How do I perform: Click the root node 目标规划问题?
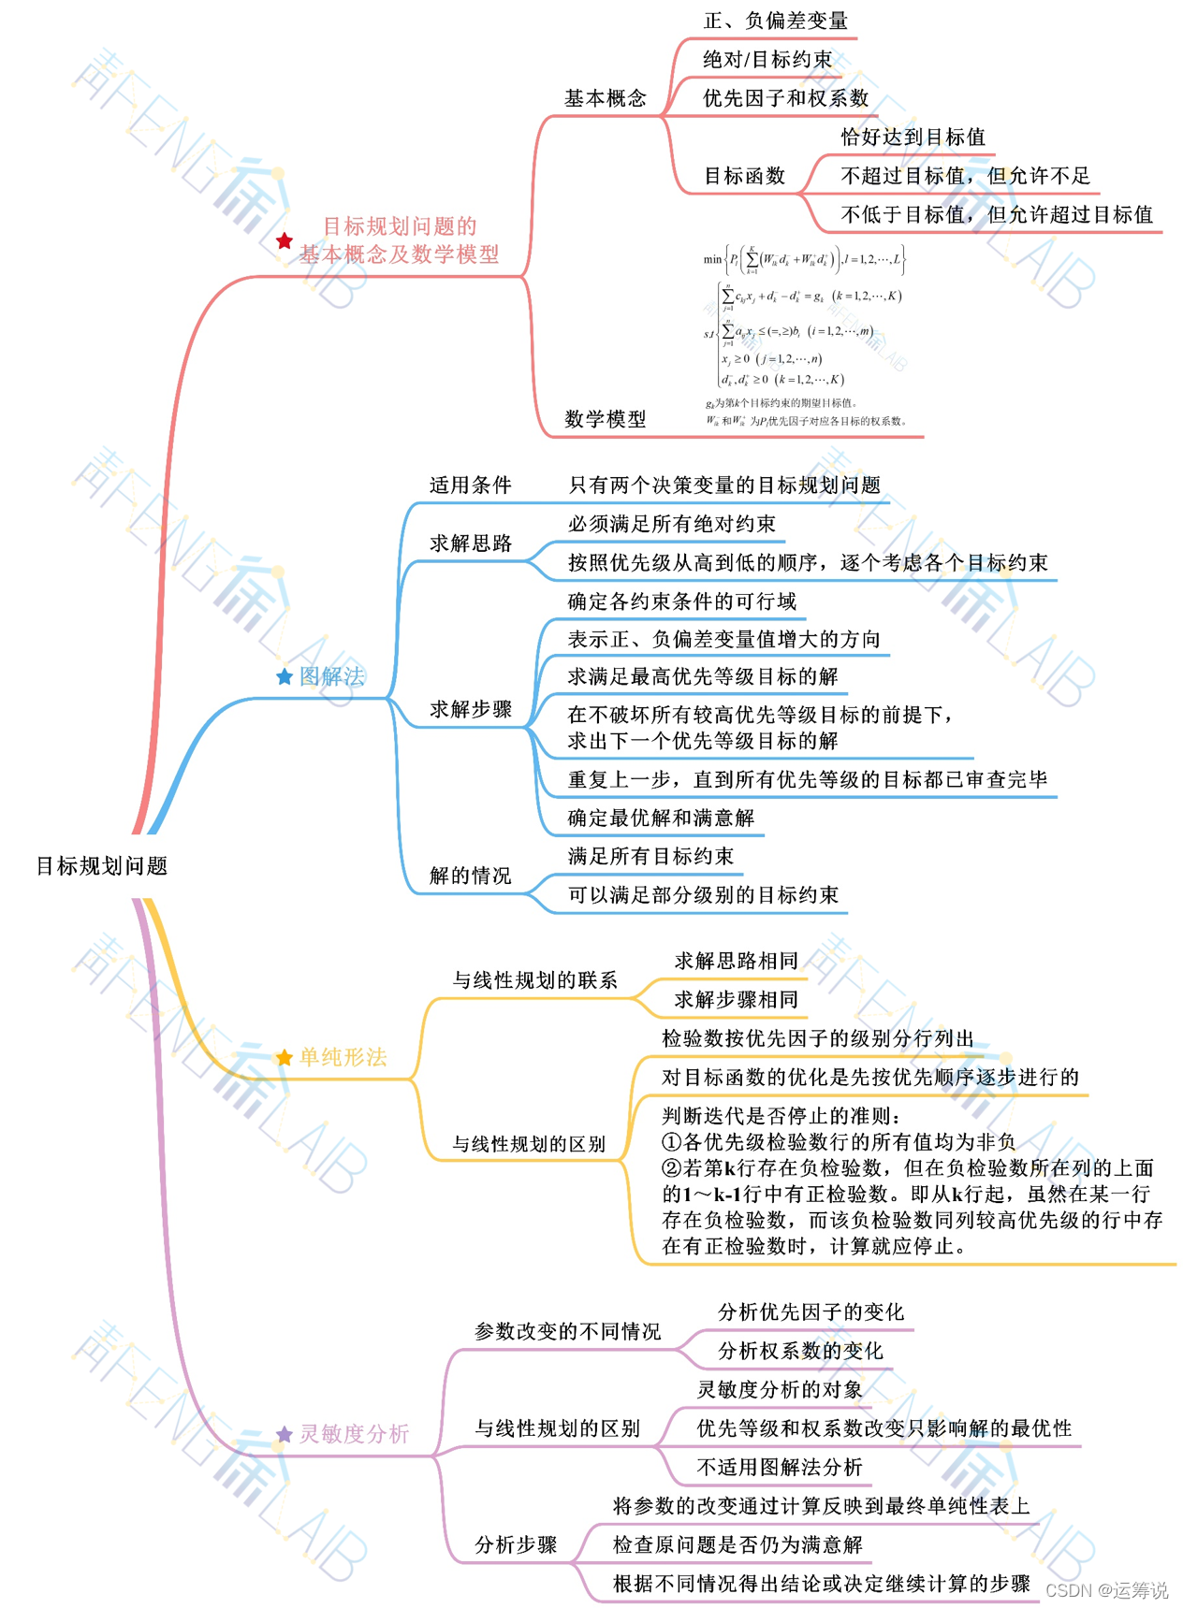101,866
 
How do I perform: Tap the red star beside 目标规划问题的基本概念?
285,241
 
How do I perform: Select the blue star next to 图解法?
285,676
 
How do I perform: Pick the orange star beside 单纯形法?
285,1058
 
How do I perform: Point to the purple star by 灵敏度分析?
285,1434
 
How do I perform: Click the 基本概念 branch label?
605,98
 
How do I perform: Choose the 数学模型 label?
605,419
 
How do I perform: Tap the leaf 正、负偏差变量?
775,21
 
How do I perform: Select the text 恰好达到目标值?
913,138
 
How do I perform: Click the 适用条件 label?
470,485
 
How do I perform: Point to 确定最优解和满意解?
661,818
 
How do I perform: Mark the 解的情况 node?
470,876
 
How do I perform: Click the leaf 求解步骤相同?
736,999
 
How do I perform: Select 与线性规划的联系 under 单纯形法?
534,980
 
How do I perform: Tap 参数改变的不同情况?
567,1331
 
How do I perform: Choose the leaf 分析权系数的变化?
800,1351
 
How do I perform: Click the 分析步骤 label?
516,1544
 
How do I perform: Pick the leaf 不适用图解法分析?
780,1467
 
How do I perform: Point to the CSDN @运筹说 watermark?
1106,1590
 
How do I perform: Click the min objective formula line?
804,259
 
